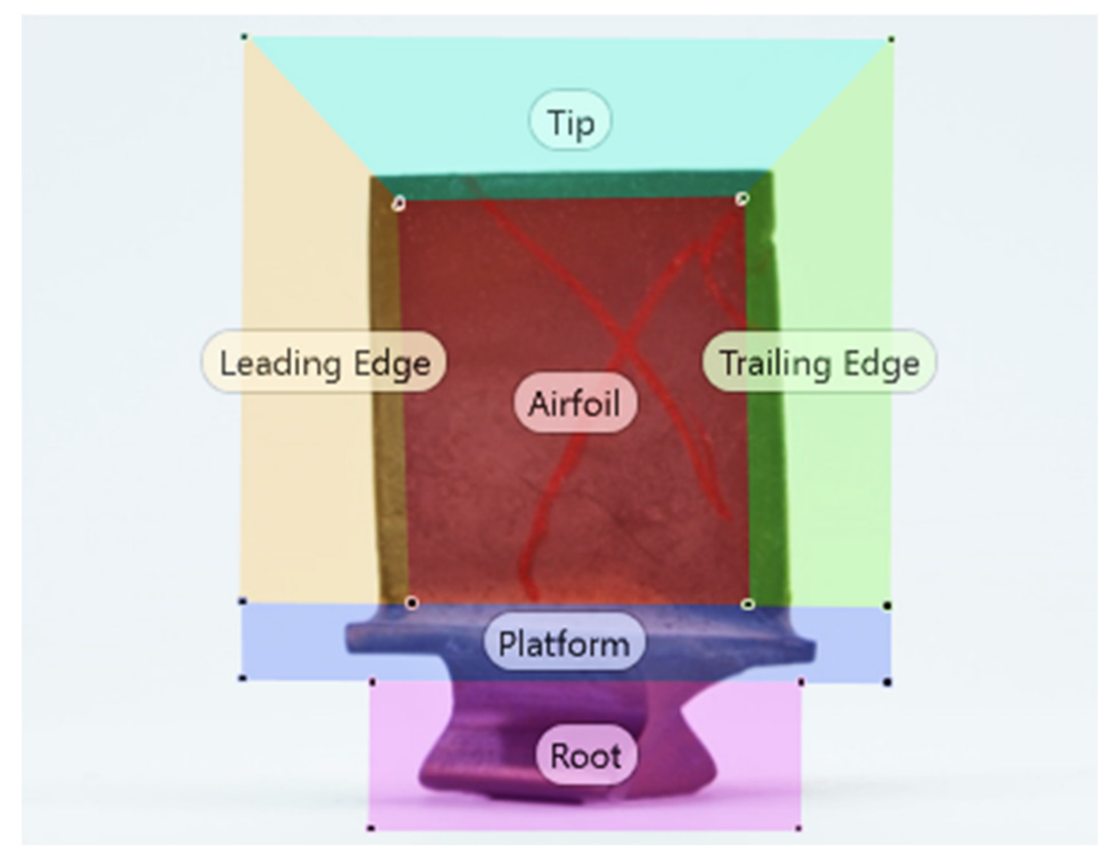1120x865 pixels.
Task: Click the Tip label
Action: (570, 121)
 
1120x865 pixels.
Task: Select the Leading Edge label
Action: (324, 362)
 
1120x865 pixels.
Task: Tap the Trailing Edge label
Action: (819, 362)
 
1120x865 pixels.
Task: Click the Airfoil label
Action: (575, 403)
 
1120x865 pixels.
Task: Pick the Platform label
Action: (564, 643)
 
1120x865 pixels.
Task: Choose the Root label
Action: (586, 756)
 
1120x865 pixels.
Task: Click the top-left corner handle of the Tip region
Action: (244, 37)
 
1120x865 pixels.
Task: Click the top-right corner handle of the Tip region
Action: (891, 39)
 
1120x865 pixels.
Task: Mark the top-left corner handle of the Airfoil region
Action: (399, 203)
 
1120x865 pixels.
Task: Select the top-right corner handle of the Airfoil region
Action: (742, 198)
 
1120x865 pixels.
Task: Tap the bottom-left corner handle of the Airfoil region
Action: (412, 603)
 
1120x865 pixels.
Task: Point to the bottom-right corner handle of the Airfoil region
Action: (748, 604)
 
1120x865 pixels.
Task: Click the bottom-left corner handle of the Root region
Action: (371, 828)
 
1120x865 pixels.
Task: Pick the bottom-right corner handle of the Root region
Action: (798, 828)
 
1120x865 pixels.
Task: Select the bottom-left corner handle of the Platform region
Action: (242, 678)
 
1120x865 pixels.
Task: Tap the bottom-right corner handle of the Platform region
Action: (887, 682)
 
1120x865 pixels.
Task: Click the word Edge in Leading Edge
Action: (392, 364)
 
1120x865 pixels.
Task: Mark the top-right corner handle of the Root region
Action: (801, 682)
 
